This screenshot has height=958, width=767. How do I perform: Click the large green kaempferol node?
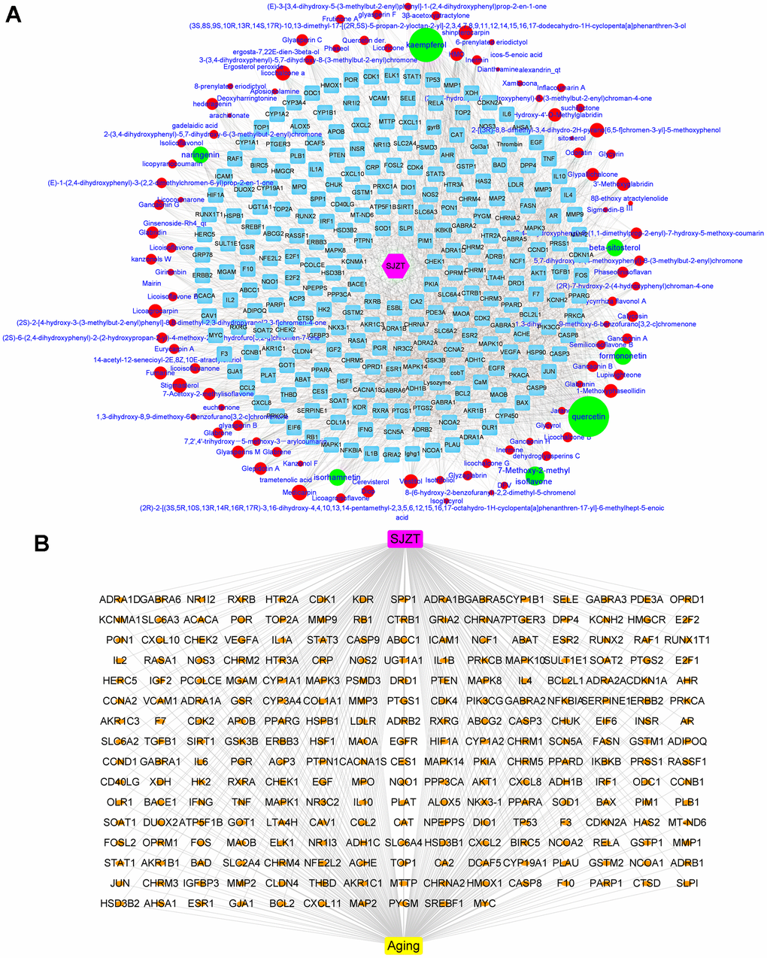pos(421,45)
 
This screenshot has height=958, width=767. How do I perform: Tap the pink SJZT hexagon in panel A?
pos(394,265)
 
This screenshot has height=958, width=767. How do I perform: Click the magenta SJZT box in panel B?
pos(405,538)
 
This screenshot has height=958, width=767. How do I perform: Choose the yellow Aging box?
pos(403,945)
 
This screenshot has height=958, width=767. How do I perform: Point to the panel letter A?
pos(14,15)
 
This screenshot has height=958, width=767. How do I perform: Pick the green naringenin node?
pos(200,154)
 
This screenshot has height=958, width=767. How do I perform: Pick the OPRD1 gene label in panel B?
pos(687,599)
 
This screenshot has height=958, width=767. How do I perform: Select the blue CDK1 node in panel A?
pos(371,76)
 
